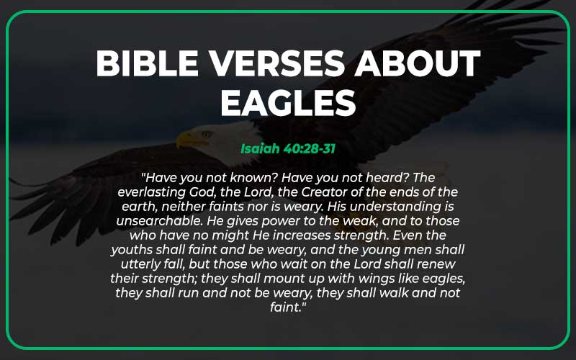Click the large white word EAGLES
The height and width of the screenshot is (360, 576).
[x=288, y=102]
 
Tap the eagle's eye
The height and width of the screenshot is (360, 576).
[x=204, y=133]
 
